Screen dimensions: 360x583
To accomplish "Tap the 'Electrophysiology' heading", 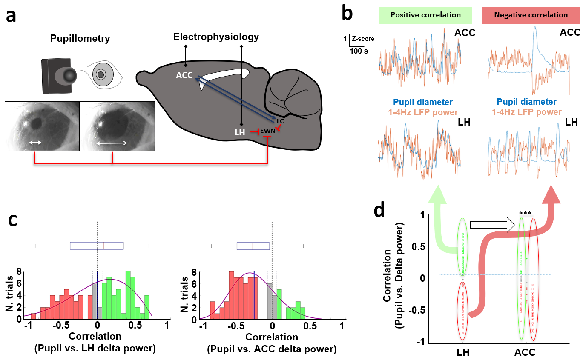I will point(216,37).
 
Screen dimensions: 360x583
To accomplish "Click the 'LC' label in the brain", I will point(280,121).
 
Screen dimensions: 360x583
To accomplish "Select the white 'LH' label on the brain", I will point(240,132).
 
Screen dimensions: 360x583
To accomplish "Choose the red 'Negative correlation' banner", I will point(531,15).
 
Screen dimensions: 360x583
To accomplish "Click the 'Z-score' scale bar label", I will point(362,39).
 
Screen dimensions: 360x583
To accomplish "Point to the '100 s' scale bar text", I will point(359,51).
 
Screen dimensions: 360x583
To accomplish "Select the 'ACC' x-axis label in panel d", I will point(525,352).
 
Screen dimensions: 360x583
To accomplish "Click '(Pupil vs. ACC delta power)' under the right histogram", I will point(272,350).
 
